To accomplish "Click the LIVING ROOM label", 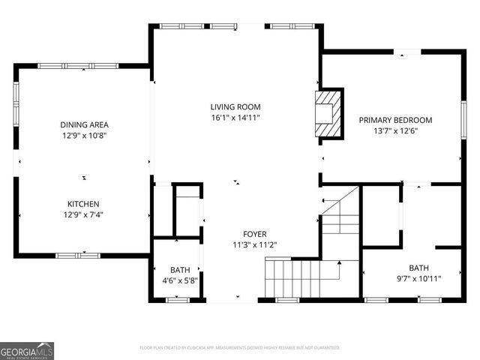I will pyautogui.click(x=235, y=107).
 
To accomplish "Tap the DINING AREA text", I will pyautogui.click(x=84, y=124).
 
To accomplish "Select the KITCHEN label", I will pyautogui.click(x=84, y=204).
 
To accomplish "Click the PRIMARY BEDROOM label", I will pyautogui.click(x=395, y=120).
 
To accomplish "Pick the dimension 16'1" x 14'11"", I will pyautogui.click(x=235, y=118).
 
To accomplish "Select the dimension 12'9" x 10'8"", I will pyautogui.click(x=84, y=136).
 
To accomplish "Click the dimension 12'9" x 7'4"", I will pyautogui.click(x=84, y=215).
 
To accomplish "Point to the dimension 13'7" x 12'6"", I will pyautogui.click(x=395, y=131).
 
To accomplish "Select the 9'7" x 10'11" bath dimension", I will pyautogui.click(x=418, y=278).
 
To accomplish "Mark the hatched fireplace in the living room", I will pyautogui.click(x=327, y=113).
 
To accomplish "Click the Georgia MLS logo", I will pyautogui.click(x=27, y=350).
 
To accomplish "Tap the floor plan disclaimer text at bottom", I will pyautogui.click(x=239, y=348).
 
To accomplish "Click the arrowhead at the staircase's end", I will pyautogui.click(x=339, y=262).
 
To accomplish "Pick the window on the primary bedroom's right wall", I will pyautogui.click(x=463, y=120).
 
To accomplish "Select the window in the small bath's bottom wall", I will pyautogui.click(x=177, y=300).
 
